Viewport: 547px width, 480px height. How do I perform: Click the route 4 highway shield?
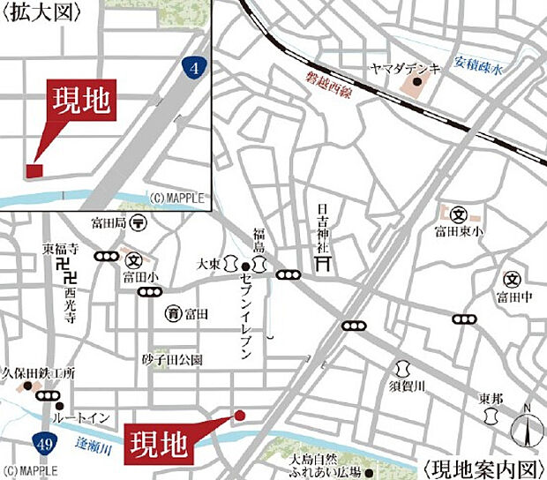(192, 66)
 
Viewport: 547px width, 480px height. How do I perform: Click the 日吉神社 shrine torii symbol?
(323, 263)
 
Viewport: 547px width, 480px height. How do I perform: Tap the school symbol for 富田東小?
(458, 214)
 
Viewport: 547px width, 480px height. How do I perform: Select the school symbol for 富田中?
(511, 280)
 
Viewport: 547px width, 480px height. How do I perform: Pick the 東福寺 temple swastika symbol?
(62, 264)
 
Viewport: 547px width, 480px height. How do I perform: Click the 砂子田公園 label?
(172, 360)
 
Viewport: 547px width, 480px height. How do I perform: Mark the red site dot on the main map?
(238, 415)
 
